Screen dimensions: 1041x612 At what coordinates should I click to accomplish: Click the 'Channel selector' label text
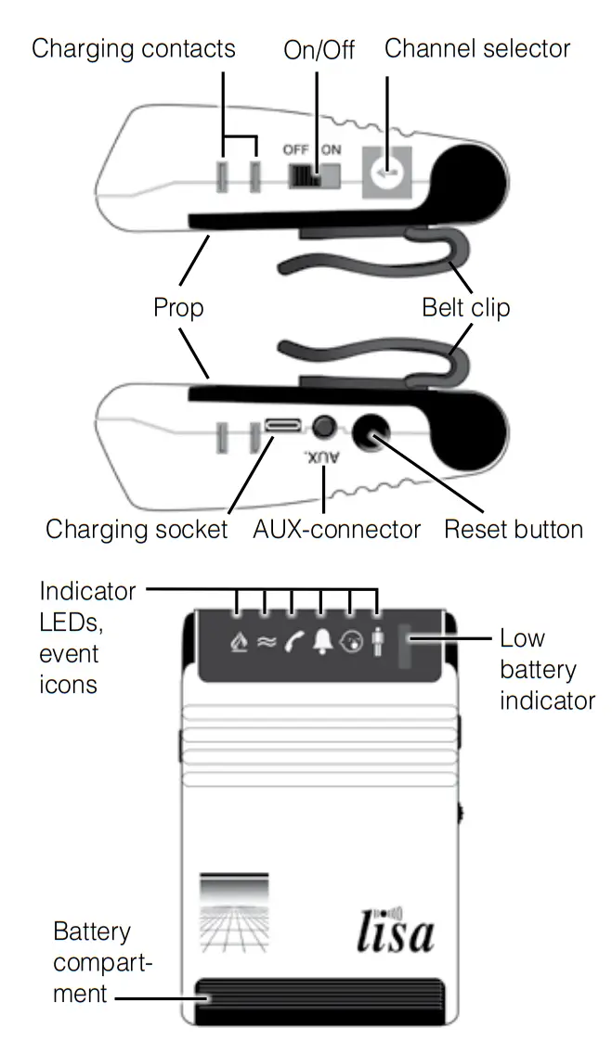tap(477, 48)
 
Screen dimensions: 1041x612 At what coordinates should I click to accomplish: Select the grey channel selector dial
tap(385, 172)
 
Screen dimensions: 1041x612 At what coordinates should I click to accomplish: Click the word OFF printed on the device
tap(296, 149)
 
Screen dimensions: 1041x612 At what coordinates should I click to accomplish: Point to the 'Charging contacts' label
tap(133, 48)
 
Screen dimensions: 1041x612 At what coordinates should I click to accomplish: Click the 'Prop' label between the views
tap(178, 307)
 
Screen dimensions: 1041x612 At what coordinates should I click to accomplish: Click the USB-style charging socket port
tap(283, 426)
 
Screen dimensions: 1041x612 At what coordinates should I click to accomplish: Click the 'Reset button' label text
tap(513, 530)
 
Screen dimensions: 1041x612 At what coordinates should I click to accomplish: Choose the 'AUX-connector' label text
tap(336, 530)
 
